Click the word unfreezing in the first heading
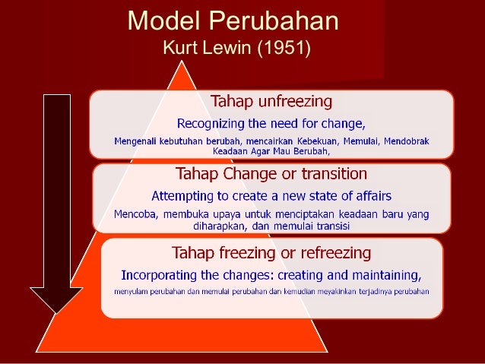coord(295,100)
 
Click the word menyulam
coord(133,291)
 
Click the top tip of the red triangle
coord(182,62)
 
